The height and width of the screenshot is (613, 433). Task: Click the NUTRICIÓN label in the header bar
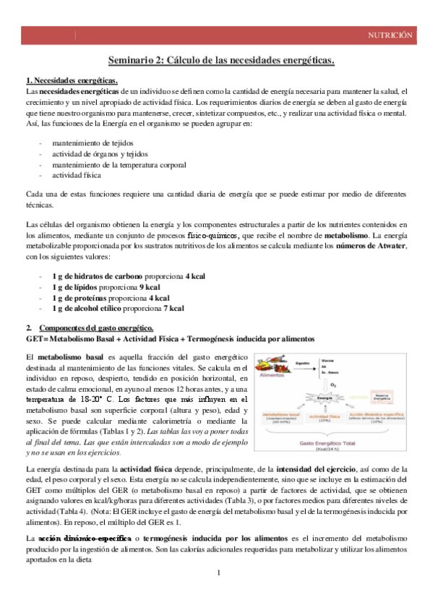pos(390,35)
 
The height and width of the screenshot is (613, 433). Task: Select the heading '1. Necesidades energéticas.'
pos(72,80)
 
